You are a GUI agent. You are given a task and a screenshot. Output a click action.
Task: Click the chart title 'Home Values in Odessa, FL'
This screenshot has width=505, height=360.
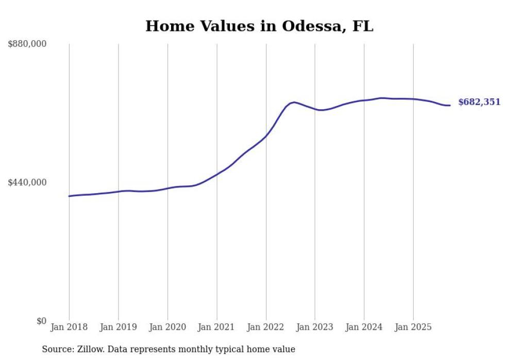[x=259, y=26]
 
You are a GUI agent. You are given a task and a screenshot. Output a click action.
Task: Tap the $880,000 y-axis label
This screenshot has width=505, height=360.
[x=27, y=44]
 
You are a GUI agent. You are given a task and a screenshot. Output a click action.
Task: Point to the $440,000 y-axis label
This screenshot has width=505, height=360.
[x=27, y=182]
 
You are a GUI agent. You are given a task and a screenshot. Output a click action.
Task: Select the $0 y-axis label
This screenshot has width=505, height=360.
[x=41, y=321]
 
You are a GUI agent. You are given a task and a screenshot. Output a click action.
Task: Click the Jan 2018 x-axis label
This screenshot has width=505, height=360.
[x=69, y=327]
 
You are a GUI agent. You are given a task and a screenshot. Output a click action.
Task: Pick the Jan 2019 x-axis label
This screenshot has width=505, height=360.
[x=118, y=327]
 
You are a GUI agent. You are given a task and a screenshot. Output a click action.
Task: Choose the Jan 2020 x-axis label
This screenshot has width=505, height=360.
[x=167, y=327]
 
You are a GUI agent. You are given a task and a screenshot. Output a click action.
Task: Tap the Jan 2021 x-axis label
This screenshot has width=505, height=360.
[x=216, y=327]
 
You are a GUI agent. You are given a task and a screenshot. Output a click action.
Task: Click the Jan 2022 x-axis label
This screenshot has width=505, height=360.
[x=266, y=327]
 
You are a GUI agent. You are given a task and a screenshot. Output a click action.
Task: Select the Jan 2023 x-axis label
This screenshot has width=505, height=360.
[x=315, y=327]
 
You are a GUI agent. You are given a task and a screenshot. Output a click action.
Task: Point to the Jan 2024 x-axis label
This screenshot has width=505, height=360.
[x=364, y=327]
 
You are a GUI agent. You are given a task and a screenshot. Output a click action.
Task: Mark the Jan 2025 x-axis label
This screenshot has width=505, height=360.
[x=413, y=327]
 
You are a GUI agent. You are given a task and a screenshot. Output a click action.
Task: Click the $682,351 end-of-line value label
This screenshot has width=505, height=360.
[x=479, y=102]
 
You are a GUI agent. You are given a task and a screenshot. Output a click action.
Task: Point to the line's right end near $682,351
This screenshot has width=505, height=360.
[x=450, y=106]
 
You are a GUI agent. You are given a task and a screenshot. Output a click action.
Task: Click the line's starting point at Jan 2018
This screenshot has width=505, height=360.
[x=69, y=196]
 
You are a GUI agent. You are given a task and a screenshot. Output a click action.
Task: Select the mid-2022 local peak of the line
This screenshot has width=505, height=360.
[x=294, y=102]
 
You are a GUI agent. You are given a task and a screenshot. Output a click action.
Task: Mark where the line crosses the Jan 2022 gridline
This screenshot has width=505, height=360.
[x=266, y=136]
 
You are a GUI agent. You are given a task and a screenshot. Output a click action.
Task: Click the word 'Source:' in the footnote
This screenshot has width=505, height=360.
[x=56, y=349]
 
